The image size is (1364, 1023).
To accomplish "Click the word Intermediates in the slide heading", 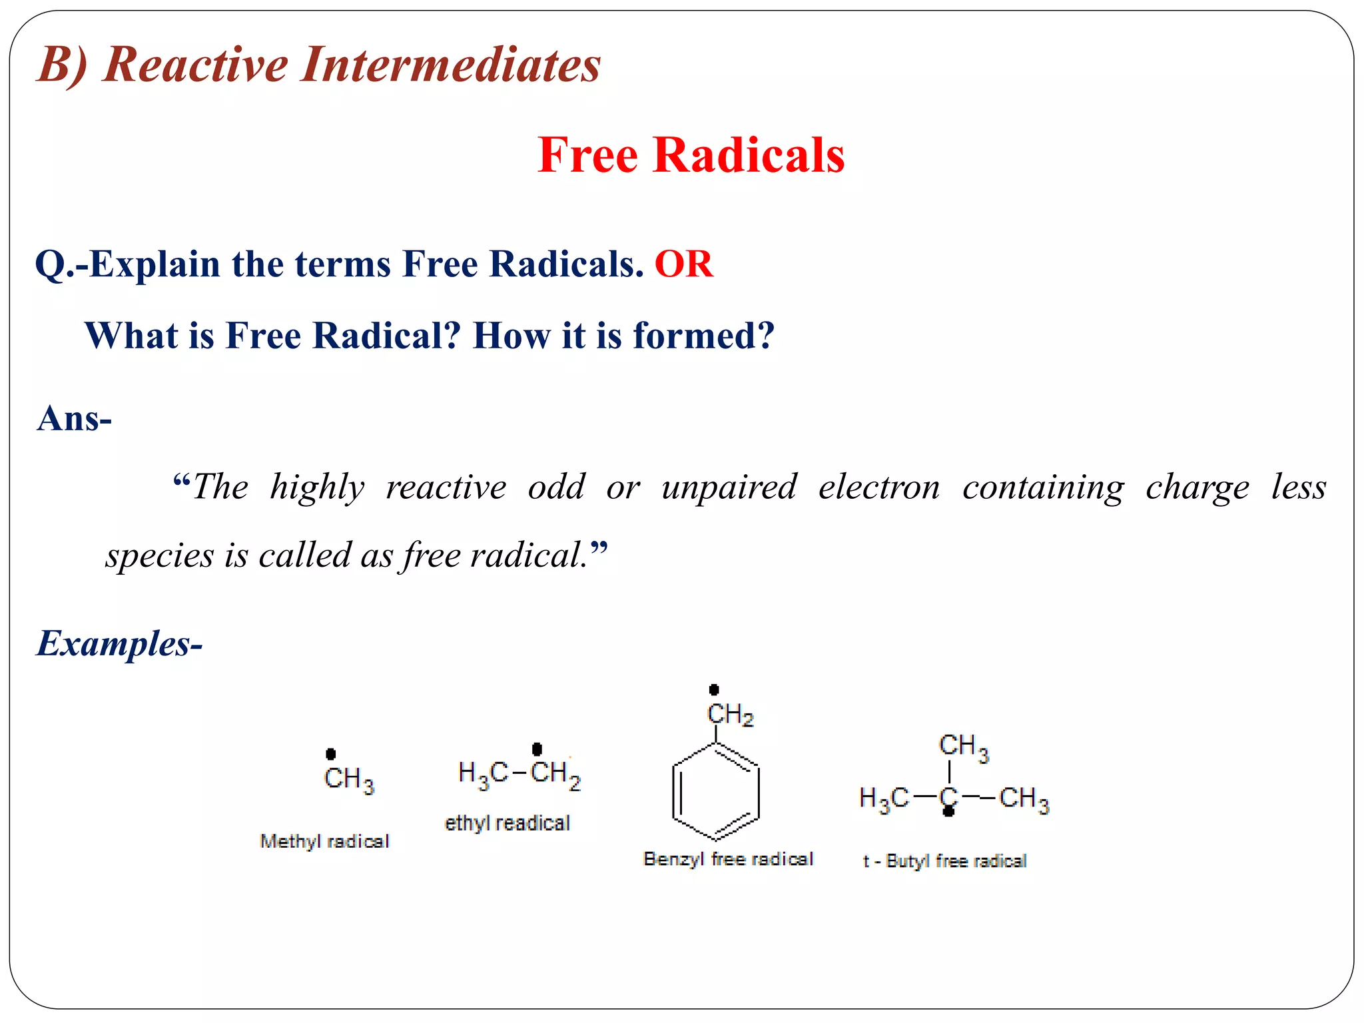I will click(x=450, y=65).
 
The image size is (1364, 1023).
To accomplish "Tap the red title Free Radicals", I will click(x=691, y=155).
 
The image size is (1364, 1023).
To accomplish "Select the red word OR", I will click(x=683, y=264).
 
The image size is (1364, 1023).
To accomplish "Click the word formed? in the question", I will click(x=703, y=335).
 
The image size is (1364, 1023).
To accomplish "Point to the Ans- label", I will click(x=75, y=419).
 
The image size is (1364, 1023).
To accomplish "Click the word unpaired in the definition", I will click(x=729, y=487).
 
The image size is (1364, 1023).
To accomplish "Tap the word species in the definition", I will click(x=160, y=555).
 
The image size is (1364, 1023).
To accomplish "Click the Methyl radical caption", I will click(x=324, y=841).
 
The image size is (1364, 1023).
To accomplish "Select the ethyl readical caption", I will click(x=507, y=823).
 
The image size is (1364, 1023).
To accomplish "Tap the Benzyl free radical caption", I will click(x=728, y=859).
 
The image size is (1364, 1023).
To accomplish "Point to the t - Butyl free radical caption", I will click(x=944, y=861).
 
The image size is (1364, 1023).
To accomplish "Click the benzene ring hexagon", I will click(x=715, y=793).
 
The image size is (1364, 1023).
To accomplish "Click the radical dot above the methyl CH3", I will click(x=330, y=754).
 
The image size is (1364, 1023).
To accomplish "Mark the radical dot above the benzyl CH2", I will click(x=714, y=689).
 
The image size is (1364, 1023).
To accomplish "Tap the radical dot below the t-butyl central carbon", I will click(x=948, y=812).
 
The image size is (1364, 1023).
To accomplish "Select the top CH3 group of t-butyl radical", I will click(x=963, y=747).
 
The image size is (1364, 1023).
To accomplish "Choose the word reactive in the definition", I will click(x=446, y=487).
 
